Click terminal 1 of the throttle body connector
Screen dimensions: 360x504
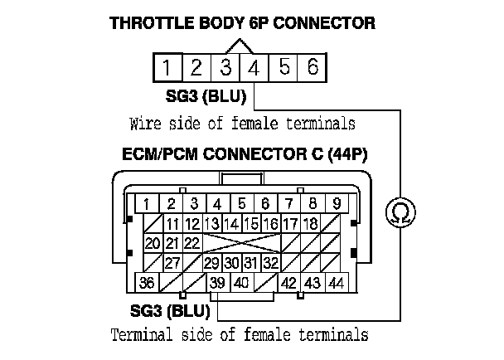(167, 67)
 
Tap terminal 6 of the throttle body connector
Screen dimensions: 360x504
(313, 67)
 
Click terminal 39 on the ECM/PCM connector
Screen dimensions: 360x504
(218, 283)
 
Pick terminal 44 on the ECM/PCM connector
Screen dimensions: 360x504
(336, 283)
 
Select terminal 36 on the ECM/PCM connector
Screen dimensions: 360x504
(147, 283)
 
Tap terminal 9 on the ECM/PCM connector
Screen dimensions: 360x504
(336, 203)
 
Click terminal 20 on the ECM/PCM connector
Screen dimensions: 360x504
(152, 243)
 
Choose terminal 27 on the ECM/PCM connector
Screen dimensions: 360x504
(172, 263)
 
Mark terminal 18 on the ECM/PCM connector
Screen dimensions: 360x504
(310, 223)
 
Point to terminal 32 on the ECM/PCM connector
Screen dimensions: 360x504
(270, 263)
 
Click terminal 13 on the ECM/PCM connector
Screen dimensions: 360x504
(211, 223)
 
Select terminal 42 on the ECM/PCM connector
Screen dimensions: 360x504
(289, 283)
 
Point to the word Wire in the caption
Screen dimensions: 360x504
(146, 124)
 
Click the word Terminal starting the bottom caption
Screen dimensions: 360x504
(143, 336)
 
